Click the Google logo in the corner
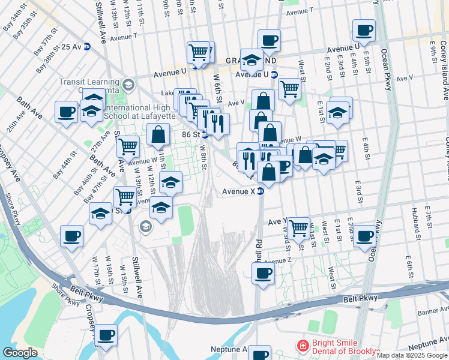20,353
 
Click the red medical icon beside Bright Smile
303,346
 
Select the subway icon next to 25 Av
87,46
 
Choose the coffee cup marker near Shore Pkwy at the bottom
106,335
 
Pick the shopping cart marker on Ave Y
298,227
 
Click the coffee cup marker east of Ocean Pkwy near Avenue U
364,30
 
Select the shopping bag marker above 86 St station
158,136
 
